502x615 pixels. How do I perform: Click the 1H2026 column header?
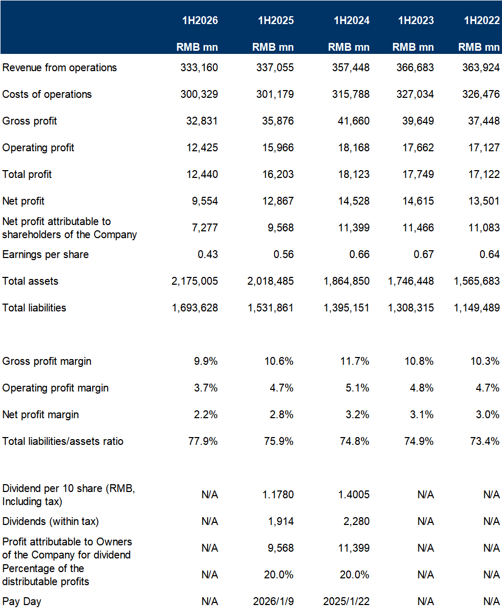click(x=200, y=20)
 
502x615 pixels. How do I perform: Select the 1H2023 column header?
click(x=416, y=20)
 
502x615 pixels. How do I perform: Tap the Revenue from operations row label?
click(x=60, y=68)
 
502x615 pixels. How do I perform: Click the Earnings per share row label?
click(x=45, y=254)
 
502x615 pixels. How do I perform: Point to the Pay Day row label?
click(x=21, y=601)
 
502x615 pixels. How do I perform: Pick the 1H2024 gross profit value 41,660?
click(x=353, y=121)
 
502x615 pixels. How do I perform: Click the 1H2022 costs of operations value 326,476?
click(x=481, y=94)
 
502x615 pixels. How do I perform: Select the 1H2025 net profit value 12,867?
click(x=278, y=201)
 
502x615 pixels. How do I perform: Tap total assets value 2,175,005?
click(x=195, y=281)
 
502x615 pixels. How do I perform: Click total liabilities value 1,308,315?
click(x=410, y=308)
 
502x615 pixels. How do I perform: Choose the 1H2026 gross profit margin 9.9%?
click(x=206, y=361)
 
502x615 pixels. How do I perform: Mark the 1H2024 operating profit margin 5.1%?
click(x=357, y=387)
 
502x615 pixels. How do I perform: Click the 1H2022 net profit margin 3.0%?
click(x=487, y=414)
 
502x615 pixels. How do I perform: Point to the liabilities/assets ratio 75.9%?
click(x=279, y=441)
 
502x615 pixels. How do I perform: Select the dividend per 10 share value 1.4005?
click(x=353, y=494)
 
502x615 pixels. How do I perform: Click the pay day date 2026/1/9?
click(x=273, y=601)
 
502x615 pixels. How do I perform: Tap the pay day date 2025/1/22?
click(x=346, y=601)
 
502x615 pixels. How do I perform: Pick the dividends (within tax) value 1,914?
click(x=281, y=521)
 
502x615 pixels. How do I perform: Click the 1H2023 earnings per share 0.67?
click(x=424, y=254)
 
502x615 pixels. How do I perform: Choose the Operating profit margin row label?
click(x=55, y=388)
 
